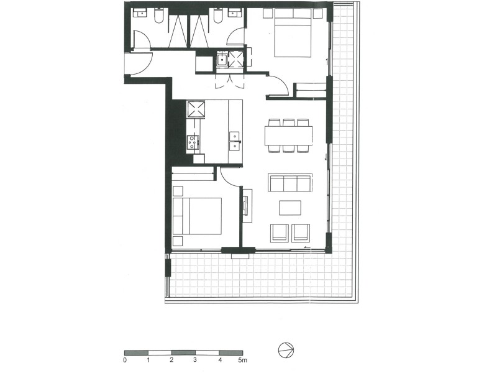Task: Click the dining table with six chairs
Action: coord(288,136)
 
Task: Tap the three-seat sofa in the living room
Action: coord(290,183)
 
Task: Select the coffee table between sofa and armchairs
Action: coord(290,207)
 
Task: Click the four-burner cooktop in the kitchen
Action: coord(193,143)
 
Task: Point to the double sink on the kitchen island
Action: coord(235,140)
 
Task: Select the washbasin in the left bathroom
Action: coord(139,12)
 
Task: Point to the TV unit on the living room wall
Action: coord(247,205)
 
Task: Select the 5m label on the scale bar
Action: coord(243,360)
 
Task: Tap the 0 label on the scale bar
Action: coord(125,360)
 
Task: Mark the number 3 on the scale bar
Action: coord(195,360)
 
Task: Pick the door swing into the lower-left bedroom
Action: coord(228,177)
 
